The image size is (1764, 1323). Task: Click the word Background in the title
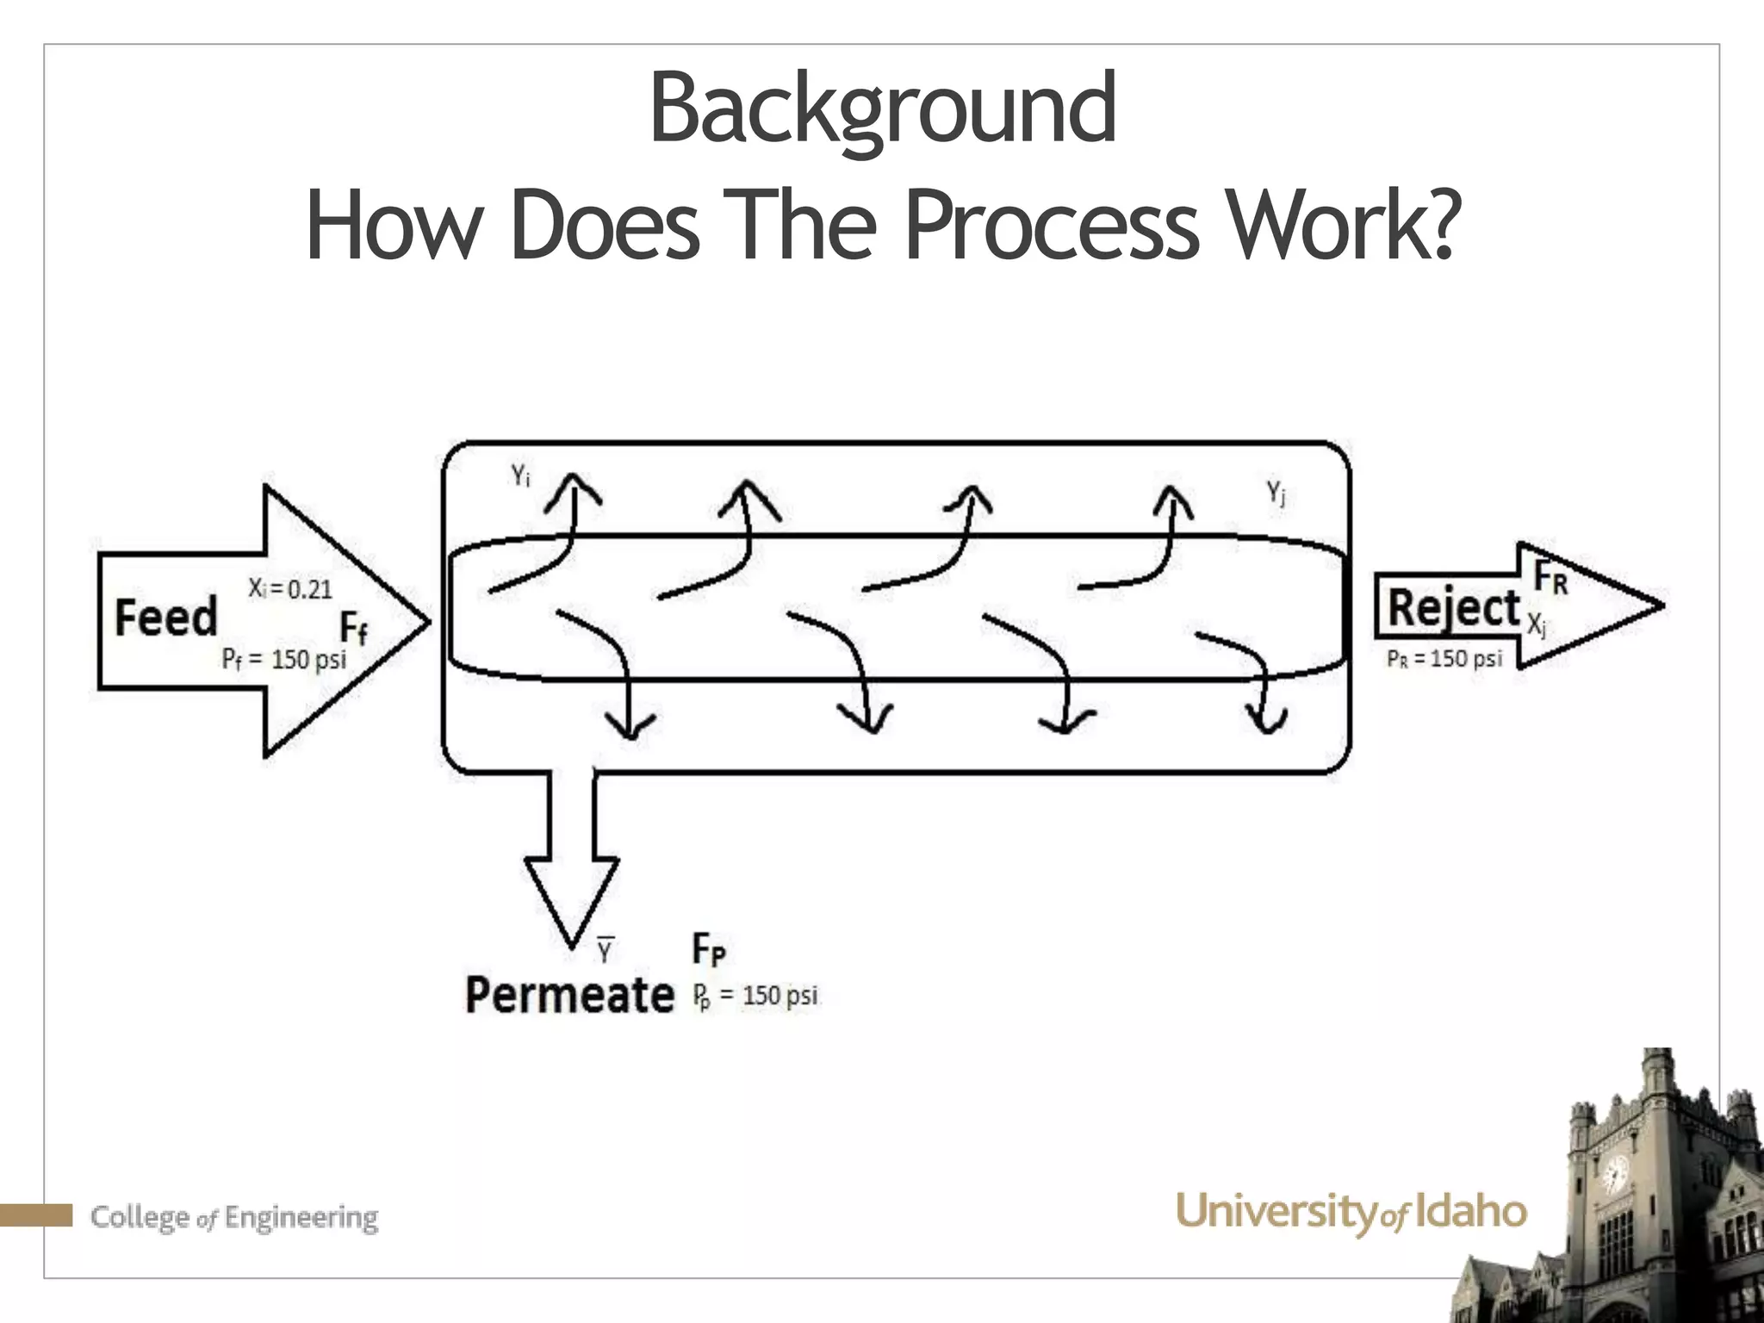(x=882, y=110)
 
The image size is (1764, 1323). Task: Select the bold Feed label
(x=166, y=618)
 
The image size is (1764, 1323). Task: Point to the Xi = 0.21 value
(x=290, y=589)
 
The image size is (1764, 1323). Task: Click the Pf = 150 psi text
(x=284, y=661)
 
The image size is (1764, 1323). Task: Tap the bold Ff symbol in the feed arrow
(x=354, y=629)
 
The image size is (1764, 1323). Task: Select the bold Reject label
(x=1454, y=608)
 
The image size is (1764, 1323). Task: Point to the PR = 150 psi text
(x=1444, y=659)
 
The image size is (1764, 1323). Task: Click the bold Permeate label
(x=569, y=995)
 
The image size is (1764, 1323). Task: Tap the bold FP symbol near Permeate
(x=709, y=950)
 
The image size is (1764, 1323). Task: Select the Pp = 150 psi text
(x=755, y=997)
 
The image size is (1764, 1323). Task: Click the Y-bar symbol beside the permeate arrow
(x=605, y=949)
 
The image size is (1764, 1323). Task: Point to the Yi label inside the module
(x=520, y=475)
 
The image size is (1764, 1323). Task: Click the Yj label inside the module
(x=1276, y=494)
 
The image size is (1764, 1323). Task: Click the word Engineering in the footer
(x=302, y=1218)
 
